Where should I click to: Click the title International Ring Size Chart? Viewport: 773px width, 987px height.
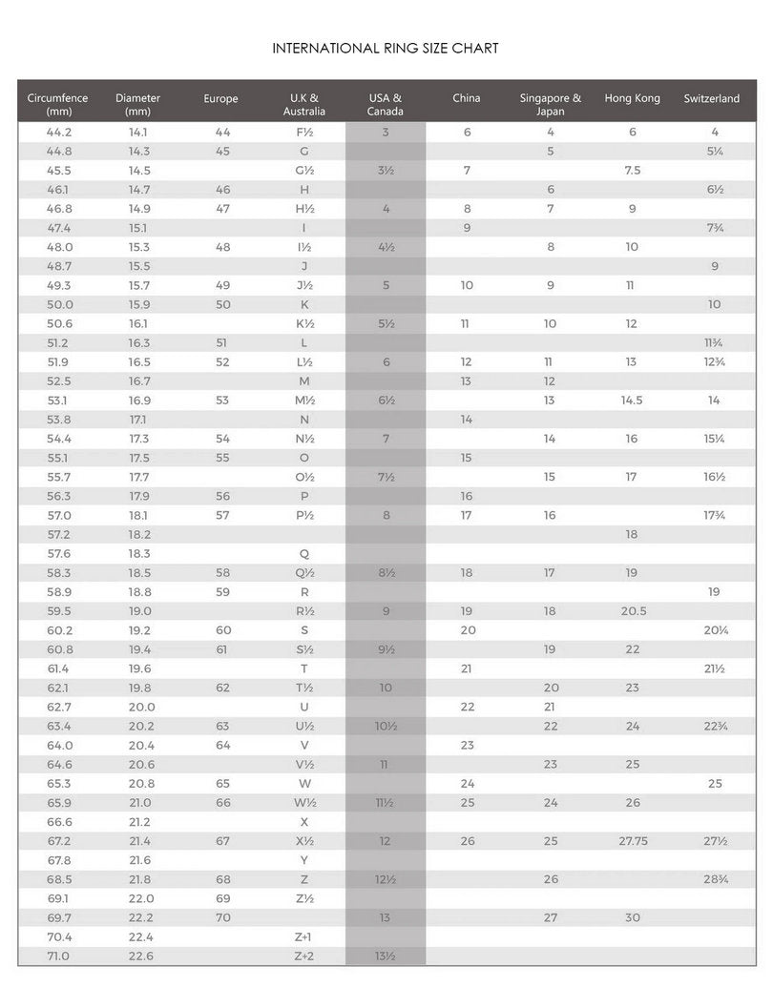point(386,48)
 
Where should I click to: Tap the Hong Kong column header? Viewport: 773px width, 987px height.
point(632,98)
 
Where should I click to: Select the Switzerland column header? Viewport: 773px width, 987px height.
point(712,98)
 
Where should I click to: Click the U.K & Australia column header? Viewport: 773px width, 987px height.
point(303,104)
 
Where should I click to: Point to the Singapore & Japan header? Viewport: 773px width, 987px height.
point(551,104)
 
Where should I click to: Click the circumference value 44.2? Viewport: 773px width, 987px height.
point(59,133)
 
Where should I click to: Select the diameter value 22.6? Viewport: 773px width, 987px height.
point(140,956)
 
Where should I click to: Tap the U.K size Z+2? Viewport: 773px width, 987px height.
point(303,956)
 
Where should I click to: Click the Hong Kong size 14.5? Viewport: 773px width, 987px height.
point(632,401)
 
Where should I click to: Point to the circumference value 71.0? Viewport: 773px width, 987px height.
point(59,956)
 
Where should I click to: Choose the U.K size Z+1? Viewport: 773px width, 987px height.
point(303,936)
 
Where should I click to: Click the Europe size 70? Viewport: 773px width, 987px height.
point(223,917)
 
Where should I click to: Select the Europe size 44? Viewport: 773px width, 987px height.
point(223,133)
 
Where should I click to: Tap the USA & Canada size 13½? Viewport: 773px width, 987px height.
point(386,956)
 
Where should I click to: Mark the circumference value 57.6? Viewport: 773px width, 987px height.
point(59,553)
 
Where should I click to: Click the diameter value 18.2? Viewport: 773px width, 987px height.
point(140,534)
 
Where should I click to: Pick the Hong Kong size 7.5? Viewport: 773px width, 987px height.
point(632,171)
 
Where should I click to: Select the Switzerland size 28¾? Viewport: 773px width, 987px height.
point(715,879)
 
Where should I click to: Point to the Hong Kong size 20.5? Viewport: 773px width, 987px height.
point(633,611)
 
